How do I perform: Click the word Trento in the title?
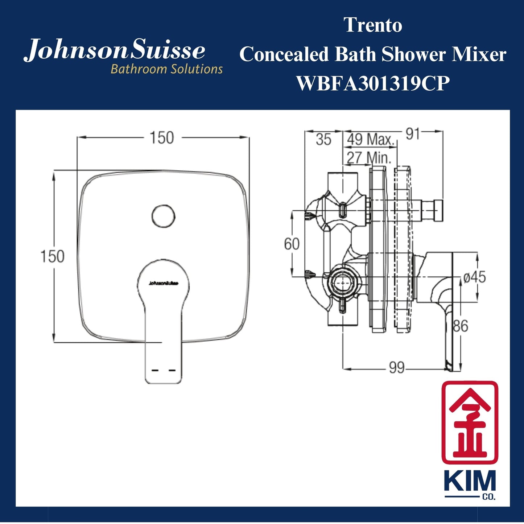pos(373,25)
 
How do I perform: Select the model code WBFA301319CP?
pos(373,84)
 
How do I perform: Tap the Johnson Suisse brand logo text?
pos(115,51)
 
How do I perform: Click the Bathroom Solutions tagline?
pos(166,69)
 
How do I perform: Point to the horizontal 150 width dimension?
pos(162,138)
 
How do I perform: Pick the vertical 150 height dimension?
pos(52,256)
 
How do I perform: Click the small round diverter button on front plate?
pos(163,216)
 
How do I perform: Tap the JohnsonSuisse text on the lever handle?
pos(163,284)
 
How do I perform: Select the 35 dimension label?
pos(323,140)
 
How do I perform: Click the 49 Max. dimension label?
pos(370,140)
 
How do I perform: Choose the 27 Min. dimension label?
pos(369,158)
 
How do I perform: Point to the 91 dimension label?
pos(412,134)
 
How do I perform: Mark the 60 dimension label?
pos(292,244)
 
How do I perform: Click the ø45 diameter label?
pos(475,277)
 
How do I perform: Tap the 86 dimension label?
pos(461,326)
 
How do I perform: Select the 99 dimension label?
pos(396,368)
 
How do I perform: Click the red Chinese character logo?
pos(470,422)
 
